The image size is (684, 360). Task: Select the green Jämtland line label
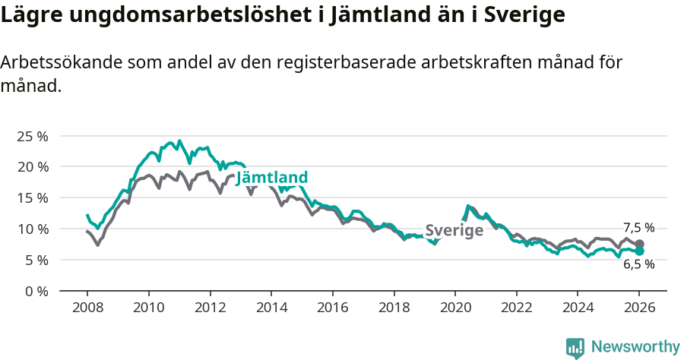point(272,178)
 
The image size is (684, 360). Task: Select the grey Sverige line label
point(454,231)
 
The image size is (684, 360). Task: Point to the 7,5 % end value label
point(638,228)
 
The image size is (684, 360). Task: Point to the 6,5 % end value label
point(638,264)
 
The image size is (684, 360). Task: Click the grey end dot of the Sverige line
point(639,244)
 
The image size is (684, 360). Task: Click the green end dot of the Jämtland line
point(639,251)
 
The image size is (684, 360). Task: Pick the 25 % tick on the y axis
point(33,136)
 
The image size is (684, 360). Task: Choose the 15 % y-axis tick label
point(33,197)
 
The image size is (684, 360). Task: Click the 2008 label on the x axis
point(87,309)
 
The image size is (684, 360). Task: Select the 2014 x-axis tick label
point(271,309)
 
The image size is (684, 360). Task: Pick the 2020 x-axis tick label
point(454,309)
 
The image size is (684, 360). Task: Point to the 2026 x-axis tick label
point(638,309)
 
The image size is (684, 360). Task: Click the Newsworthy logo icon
point(575,348)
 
